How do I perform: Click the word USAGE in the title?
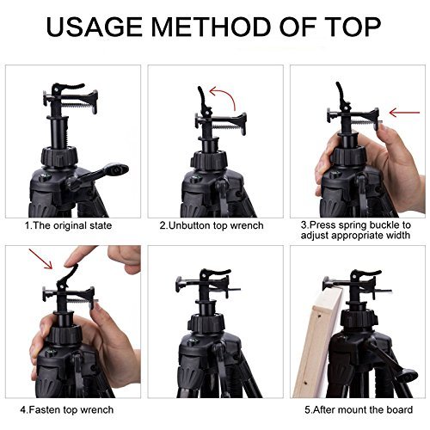94,27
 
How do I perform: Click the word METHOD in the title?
212,27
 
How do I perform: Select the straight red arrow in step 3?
404,113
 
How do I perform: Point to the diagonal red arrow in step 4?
40,259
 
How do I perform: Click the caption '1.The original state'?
68,225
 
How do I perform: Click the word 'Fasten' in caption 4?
45,409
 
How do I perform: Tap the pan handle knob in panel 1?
116,169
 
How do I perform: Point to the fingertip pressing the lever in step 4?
70,263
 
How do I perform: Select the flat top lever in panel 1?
70,86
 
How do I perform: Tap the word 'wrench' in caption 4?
96,409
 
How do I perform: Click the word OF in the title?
296,27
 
